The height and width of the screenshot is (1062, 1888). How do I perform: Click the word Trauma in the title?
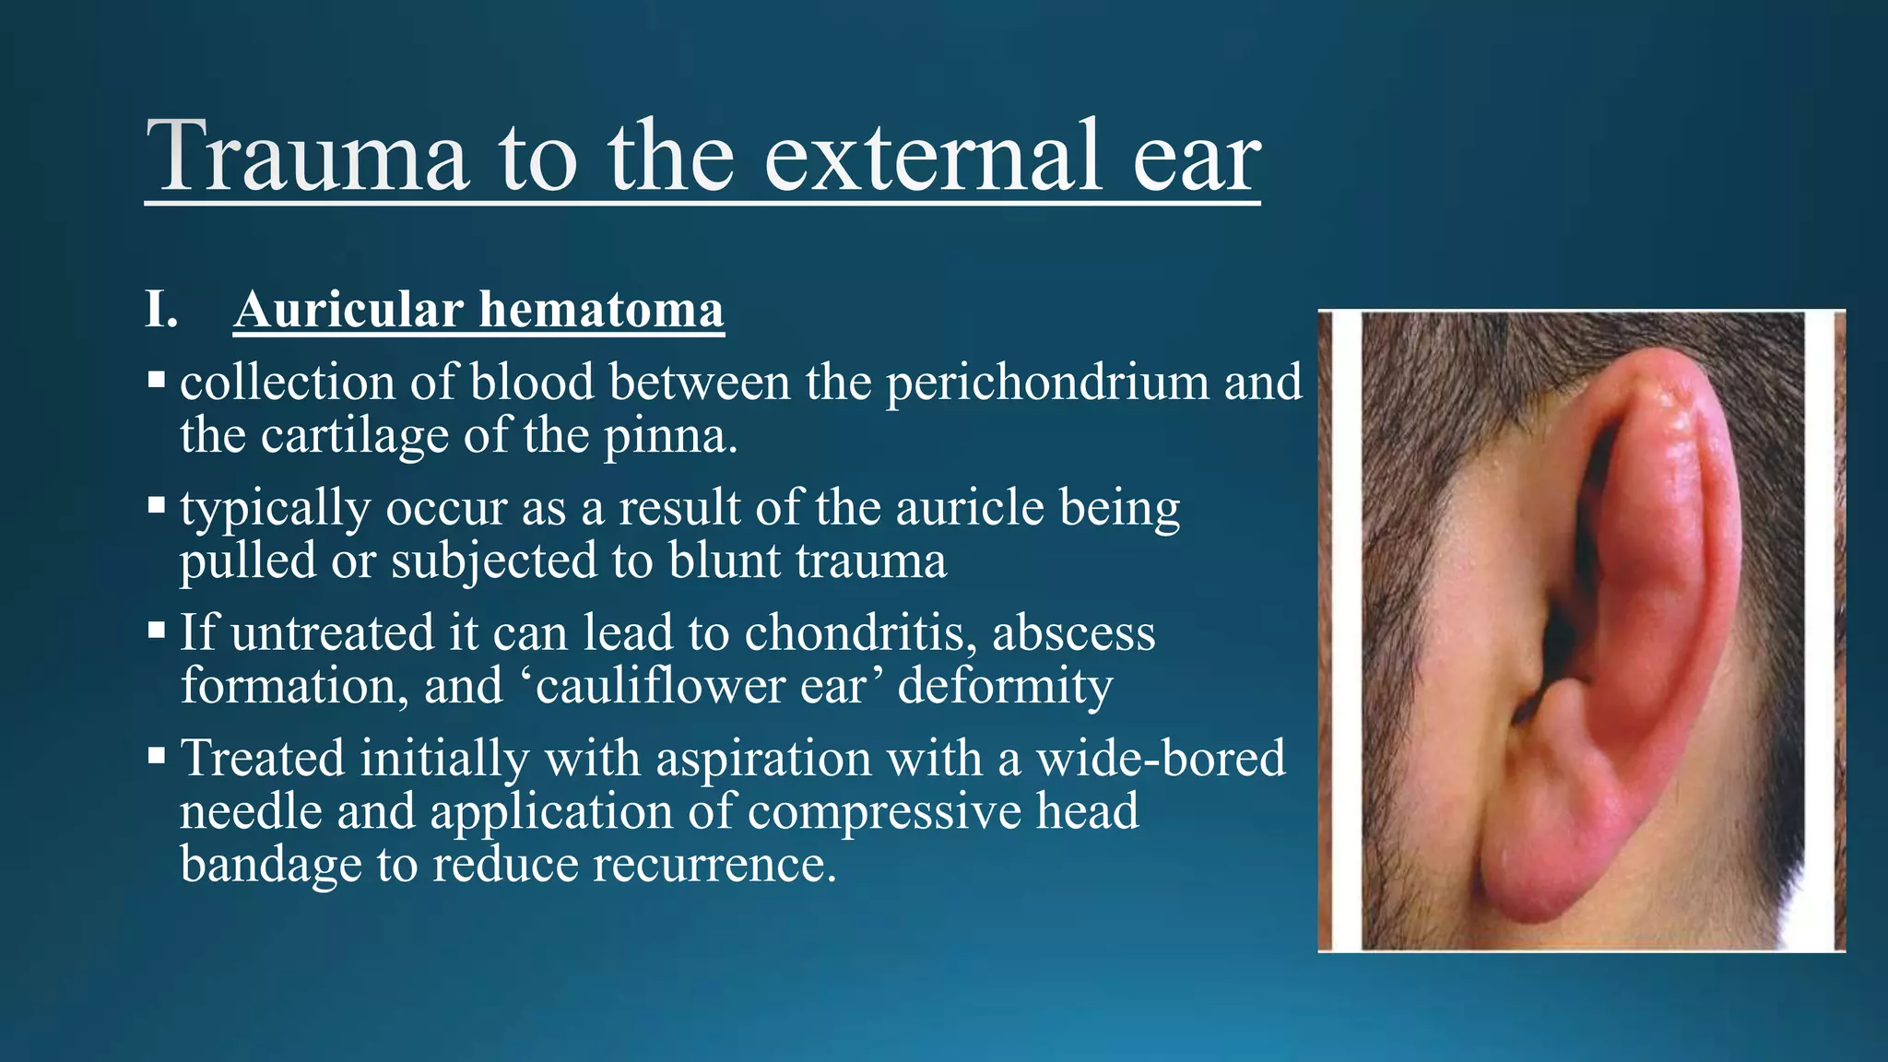click(x=307, y=157)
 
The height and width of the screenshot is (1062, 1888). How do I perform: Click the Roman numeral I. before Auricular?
click(x=161, y=310)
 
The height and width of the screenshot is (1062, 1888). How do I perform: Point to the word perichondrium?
click(x=1047, y=383)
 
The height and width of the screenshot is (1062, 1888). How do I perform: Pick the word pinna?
click(x=670, y=437)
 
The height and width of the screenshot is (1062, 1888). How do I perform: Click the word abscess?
click(x=1073, y=633)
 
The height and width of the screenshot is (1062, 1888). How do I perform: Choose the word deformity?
click(x=1005, y=687)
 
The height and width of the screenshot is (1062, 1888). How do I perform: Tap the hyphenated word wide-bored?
click(x=1161, y=759)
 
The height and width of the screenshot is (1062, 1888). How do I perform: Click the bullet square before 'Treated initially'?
click(x=157, y=757)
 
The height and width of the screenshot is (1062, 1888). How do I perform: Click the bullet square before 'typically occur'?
click(x=157, y=505)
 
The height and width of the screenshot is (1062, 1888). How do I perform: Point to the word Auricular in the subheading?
click(x=348, y=310)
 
